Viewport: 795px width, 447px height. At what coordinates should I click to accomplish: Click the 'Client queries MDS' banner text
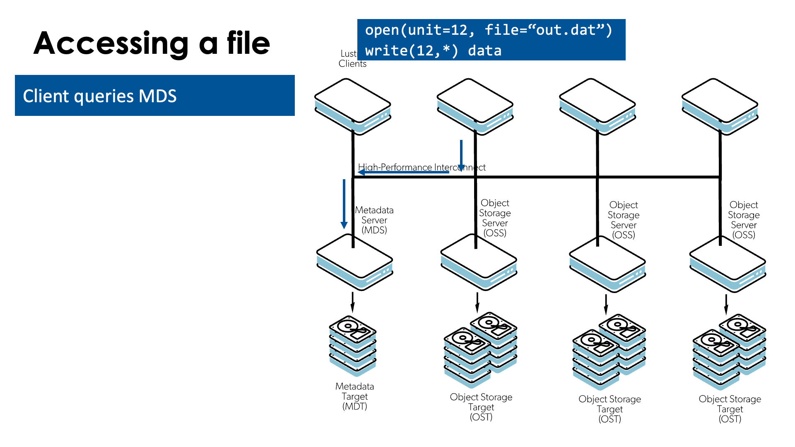[x=100, y=96]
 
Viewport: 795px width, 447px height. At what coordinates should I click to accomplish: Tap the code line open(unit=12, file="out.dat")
[x=489, y=30]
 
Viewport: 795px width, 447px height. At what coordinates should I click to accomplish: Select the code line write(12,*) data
[x=433, y=50]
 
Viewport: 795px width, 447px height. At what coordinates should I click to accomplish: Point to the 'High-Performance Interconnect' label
[x=422, y=167]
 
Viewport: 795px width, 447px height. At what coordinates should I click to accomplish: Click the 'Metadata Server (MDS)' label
[x=374, y=220]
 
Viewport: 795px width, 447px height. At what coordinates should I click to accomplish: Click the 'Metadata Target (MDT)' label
[x=355, y=396]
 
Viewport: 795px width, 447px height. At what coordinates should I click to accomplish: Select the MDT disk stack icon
[x=353, y=346]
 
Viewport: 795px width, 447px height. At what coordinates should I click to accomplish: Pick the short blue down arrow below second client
[x=461, y=155]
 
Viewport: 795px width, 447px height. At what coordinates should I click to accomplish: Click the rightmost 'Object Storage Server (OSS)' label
[x=744, y=220]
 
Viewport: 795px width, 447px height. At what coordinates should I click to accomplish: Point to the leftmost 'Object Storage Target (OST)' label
[x=481, y=407]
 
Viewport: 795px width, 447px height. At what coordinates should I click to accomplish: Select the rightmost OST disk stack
[x=729, y=352]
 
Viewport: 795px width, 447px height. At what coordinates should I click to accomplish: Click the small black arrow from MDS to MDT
[x=353, y=302]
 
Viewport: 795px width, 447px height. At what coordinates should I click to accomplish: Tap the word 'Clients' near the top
[x=352, y=64]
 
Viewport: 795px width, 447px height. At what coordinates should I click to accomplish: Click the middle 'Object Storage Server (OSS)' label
[x=624, y=220]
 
